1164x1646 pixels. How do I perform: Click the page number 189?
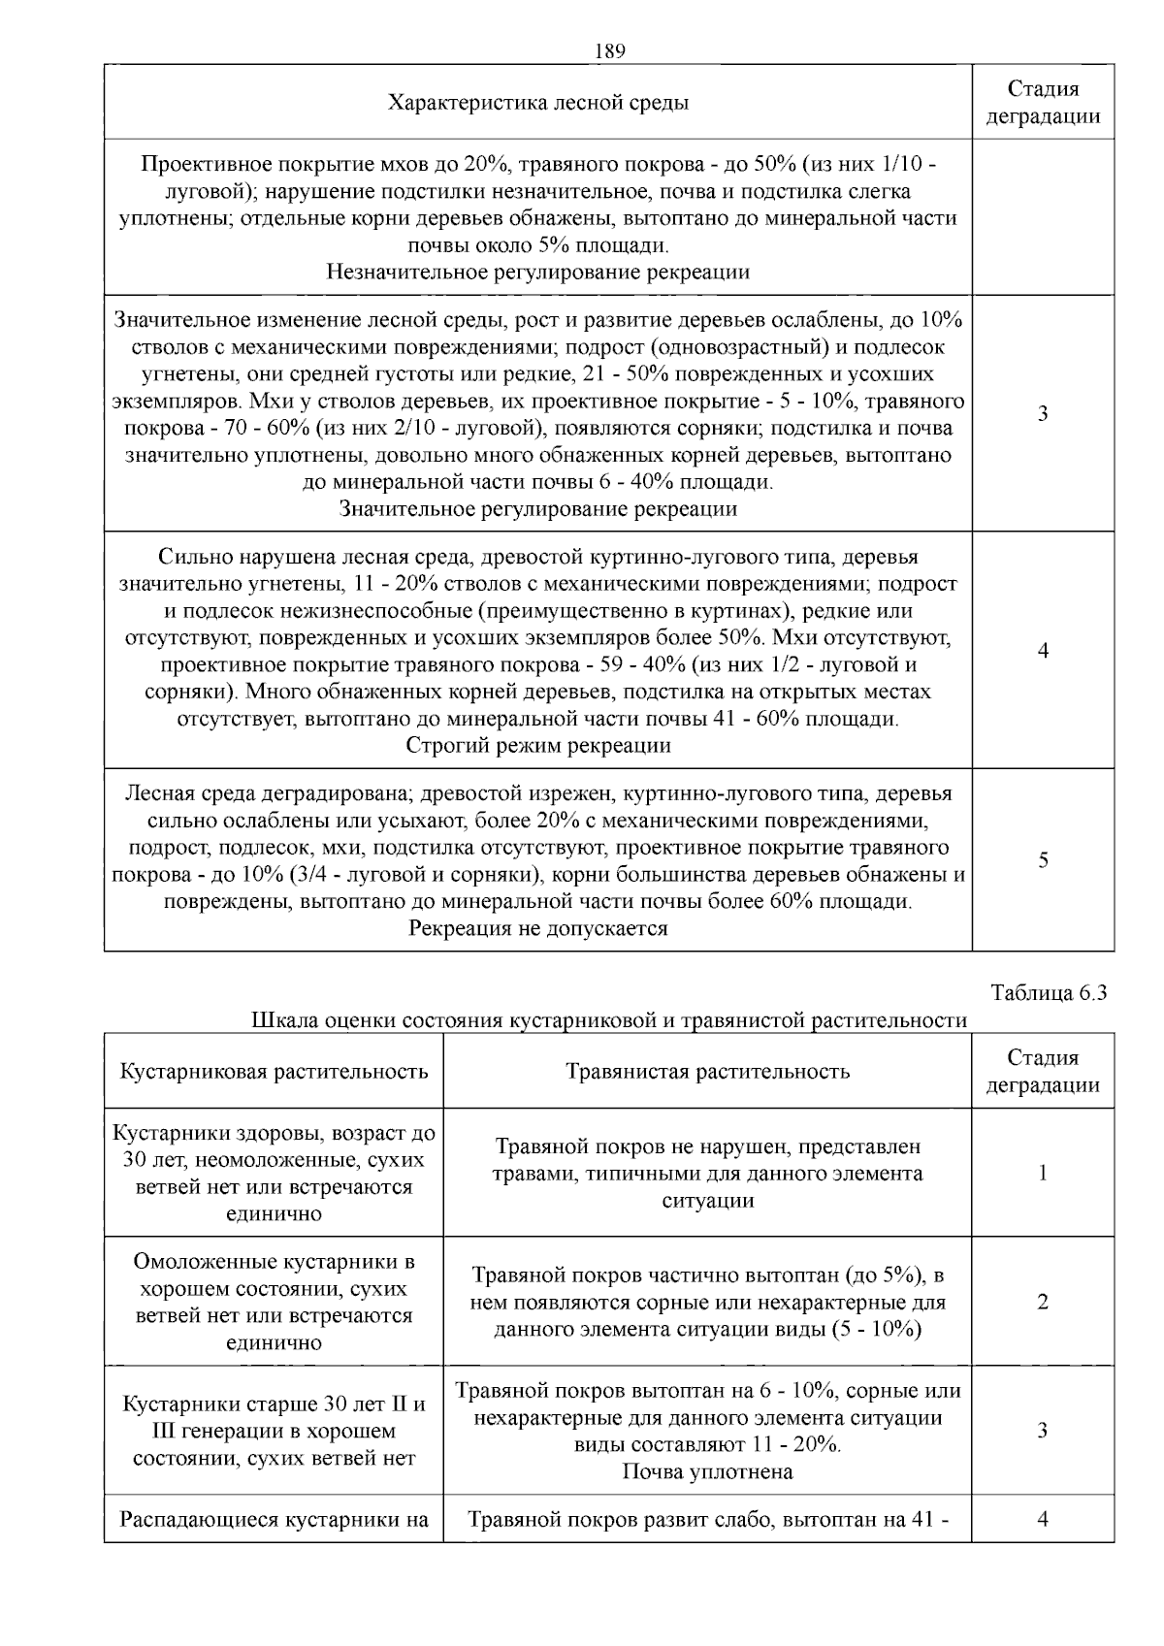click(610, 51)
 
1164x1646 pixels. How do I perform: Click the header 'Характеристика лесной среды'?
click(538, 103)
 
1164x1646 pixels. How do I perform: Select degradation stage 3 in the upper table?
click(1043, 414)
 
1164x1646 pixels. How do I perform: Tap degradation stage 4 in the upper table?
click(1043, 651)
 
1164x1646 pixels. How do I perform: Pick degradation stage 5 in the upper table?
click(1043, 860)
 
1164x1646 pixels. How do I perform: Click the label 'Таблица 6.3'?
click(1049, 993)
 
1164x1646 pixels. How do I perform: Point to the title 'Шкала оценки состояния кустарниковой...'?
click(609, 1020)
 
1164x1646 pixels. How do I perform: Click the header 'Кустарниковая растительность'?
click(274, 1071)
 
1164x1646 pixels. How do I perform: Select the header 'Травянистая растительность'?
click(707, 1071)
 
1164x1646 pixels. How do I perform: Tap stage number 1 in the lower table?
click(1043, 1173)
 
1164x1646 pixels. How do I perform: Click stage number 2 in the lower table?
click(1043, 1302)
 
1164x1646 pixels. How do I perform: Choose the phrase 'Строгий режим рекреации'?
click(538, 746)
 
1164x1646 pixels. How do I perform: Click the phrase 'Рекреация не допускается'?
click(538, 928)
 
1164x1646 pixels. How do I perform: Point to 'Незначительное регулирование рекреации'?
click(538, 272)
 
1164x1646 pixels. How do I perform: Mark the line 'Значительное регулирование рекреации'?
click(538, 509)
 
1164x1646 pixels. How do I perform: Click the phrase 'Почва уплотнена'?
click(707, 1471)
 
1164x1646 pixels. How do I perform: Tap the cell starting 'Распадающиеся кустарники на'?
click(274, 1519)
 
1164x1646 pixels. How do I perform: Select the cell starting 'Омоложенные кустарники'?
click(274, 1302)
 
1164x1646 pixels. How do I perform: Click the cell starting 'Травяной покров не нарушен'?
click(707, 1173)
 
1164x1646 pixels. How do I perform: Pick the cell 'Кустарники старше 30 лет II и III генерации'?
click(274, 1431)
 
